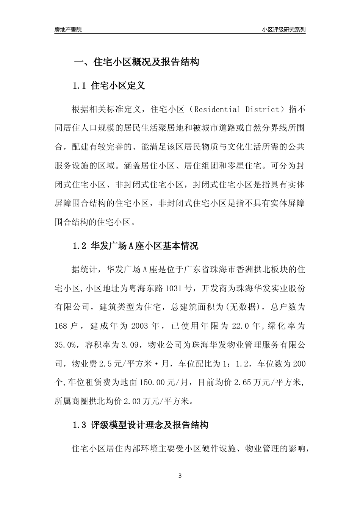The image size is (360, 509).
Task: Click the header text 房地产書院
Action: pos(68,30)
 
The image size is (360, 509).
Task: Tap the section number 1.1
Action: pos(80,86)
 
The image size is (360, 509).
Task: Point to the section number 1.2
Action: pos(80,246)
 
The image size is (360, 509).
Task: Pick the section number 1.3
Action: pos(80,425)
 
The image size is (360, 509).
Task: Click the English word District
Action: pos(262,110)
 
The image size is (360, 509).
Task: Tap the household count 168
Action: pos(61,326)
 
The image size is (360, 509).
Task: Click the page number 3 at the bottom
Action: pos(180,476)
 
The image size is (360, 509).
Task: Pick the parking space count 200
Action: pos(299,364)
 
